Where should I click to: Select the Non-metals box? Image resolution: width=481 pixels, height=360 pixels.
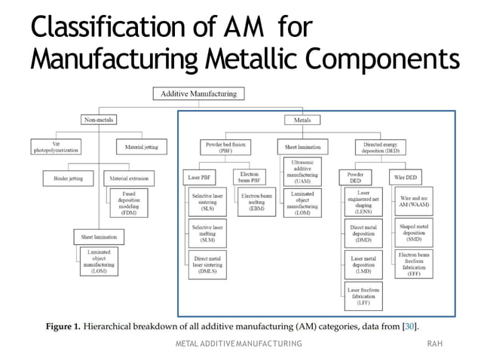tap(100, 119)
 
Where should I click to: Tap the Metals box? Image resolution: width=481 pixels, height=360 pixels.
tap(301, 119)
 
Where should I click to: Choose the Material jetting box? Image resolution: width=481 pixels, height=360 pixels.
tap(141, 147)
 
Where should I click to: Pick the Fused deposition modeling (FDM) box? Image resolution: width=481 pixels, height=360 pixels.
tap(128, 203)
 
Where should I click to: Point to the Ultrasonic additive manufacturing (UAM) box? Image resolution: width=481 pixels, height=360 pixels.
tap(302, 171)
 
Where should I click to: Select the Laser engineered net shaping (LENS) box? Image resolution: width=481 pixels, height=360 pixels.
tap(362, 203)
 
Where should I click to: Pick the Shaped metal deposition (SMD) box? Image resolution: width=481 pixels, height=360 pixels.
tap(414, 233)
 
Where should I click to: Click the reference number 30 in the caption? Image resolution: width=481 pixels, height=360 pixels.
tap(408, 325)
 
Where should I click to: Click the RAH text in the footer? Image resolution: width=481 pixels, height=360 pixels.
tap(434, 343)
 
